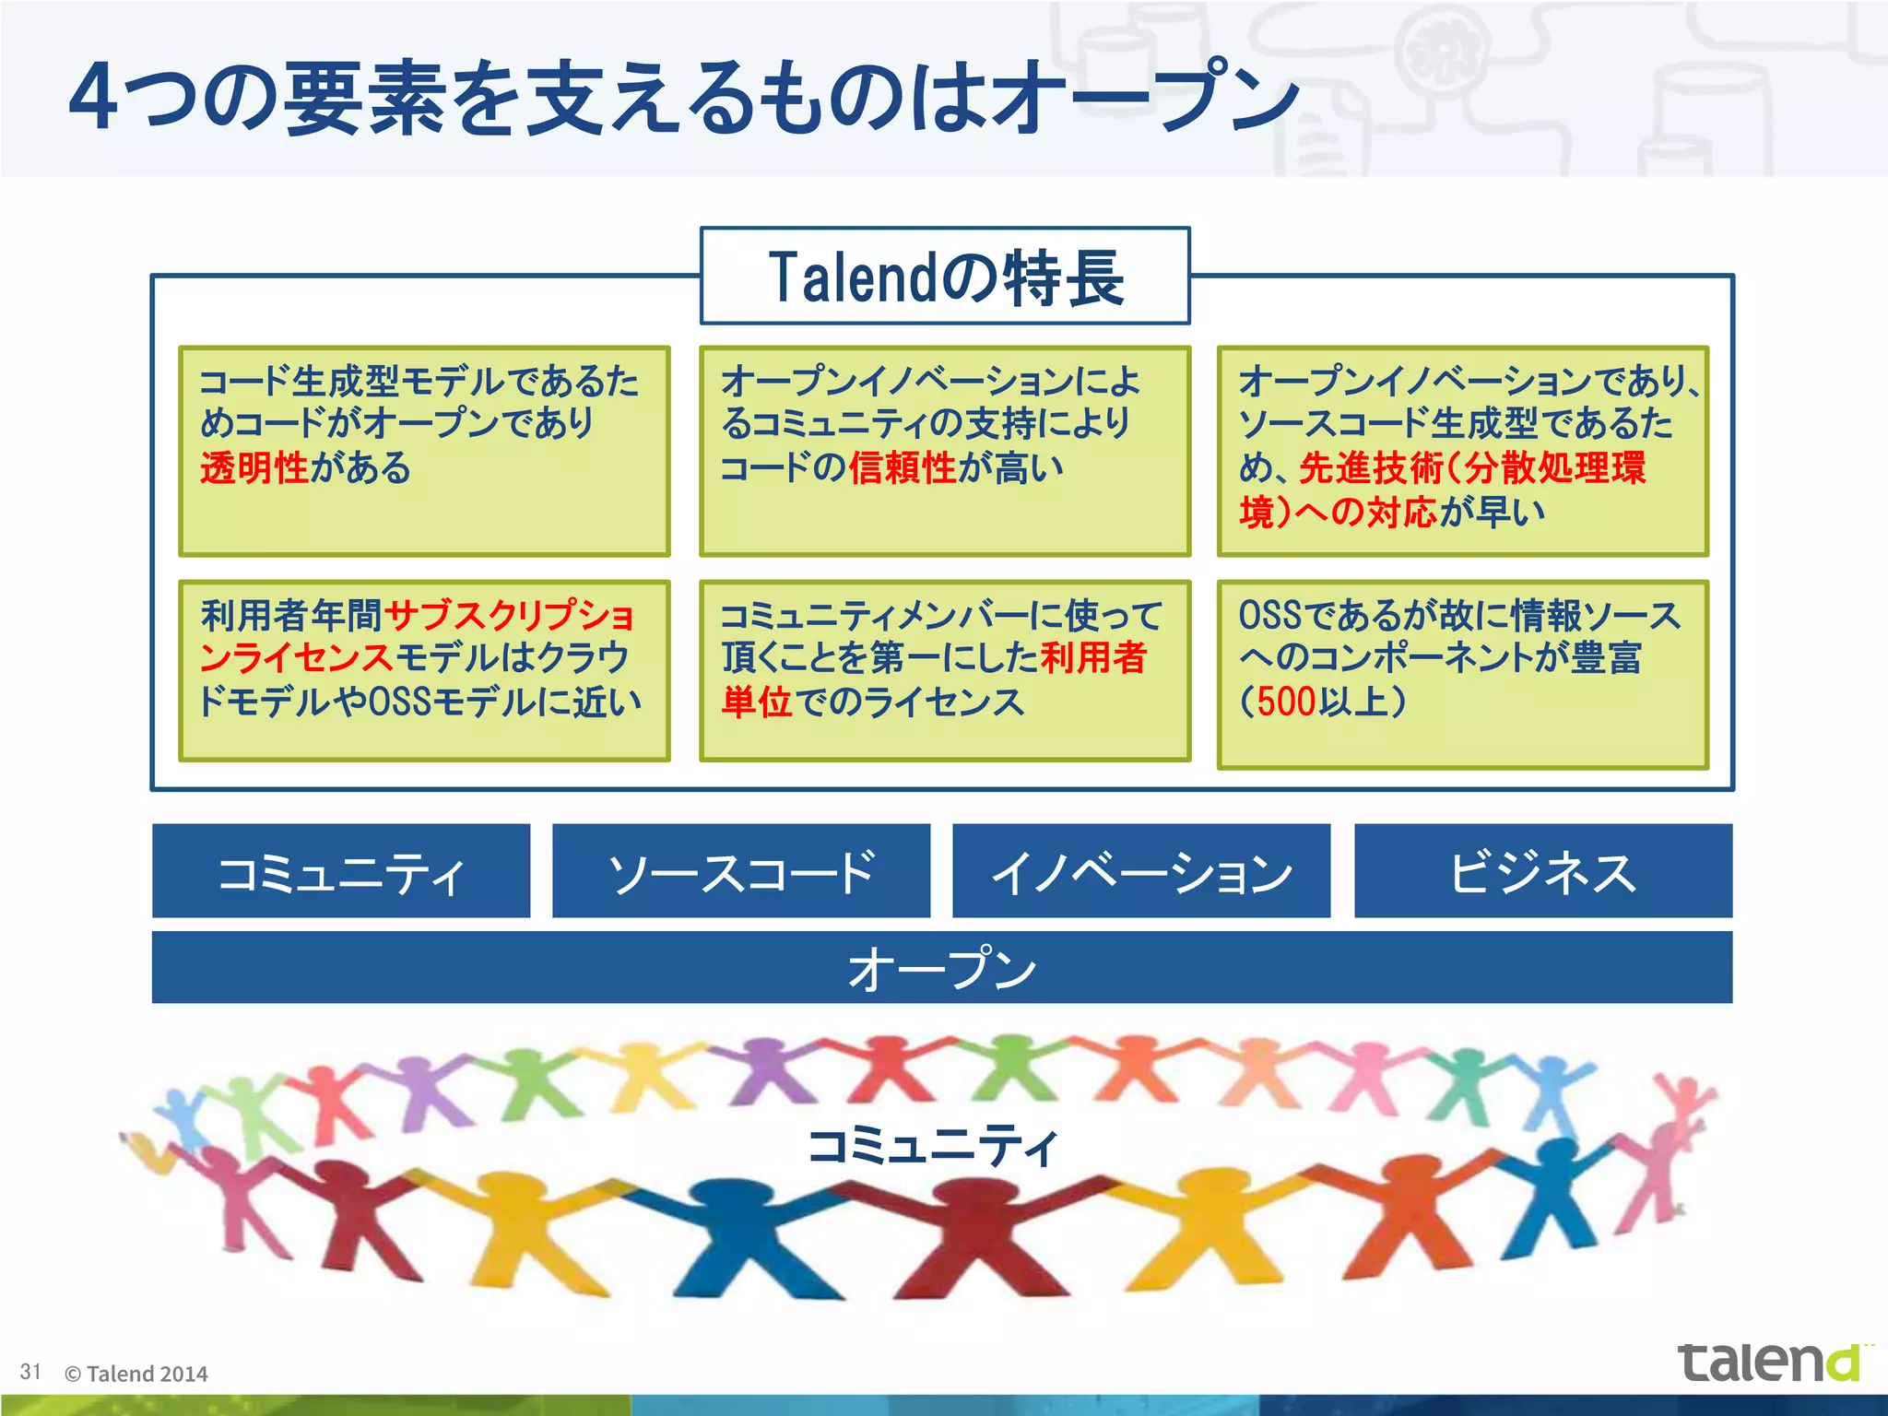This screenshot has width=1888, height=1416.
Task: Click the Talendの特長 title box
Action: (945, 276)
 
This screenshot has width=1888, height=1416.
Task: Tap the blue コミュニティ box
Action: (341, 871)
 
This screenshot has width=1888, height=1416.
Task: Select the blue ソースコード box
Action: (741, 871)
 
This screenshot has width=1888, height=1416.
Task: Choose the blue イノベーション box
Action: (1141, 871)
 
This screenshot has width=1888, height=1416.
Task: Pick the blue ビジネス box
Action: (1543, 871)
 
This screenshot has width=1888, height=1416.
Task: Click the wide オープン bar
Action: (942, 968)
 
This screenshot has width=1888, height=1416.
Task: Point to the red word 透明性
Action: (254, 467)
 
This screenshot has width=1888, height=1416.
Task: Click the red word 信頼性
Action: (903, 467)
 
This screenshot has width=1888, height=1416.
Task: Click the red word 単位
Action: (756, 702)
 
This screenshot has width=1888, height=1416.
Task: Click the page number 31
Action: (30, 1372)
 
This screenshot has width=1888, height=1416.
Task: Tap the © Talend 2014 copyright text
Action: (136, 1374)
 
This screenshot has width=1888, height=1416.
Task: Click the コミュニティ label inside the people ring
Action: (933, 1147)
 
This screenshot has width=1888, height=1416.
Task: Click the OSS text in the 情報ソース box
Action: (1270, 615)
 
